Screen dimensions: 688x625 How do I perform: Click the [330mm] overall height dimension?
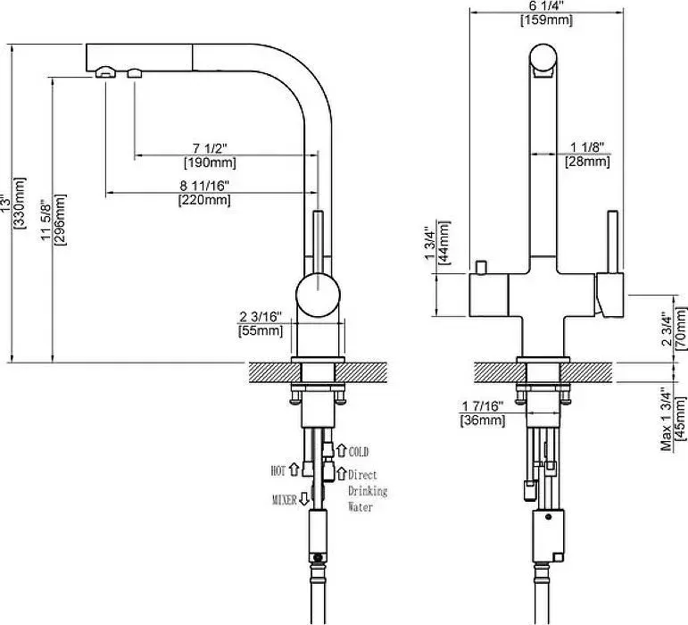(x=21, y=203)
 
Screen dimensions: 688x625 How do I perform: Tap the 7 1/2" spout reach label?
(x=211, y=148)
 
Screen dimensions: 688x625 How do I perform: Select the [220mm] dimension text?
(x=204, y=200)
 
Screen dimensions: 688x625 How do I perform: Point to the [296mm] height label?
(x=60, y=220)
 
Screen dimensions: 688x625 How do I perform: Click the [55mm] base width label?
(x=261, y=330)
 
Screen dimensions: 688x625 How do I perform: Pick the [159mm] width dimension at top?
(x=547, y=21)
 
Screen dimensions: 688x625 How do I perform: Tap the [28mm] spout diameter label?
(x=587, y=162)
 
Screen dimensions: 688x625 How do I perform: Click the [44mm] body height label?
(x=444, y=242)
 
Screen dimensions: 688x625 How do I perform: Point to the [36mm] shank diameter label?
(x=483, y=421)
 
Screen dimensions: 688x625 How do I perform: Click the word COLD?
(x=359, y=452)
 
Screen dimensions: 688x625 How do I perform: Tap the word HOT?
(x=278, y=471)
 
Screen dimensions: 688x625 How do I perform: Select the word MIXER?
(x=285, y=500)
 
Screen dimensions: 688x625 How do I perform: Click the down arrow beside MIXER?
(x=304, y=498)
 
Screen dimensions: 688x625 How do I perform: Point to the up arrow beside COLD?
(x=342, y=450)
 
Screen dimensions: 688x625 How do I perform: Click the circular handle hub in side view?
(x=318, y=295)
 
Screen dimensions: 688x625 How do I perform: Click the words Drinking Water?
(x=368, y=499)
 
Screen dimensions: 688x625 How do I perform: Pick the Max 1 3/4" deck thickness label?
(x=667, y=419)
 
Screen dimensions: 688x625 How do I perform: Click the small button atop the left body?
(x=481, y=267)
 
